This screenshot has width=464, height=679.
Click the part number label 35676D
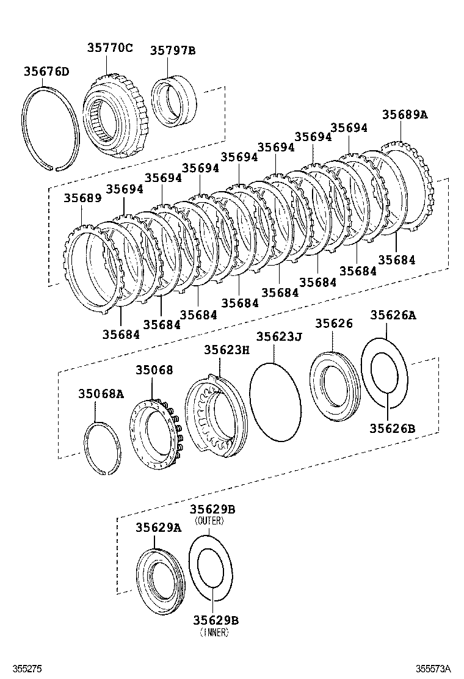click(x=46, y=71)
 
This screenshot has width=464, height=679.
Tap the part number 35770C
click(x=109, y=48)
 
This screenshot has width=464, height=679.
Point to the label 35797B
click(x=173, y=51)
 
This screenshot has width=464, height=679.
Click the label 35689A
click(x=405, y=114)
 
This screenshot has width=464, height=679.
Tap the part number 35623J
click(x=278, y=336)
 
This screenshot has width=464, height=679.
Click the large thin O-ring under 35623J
click(x=276, y=401)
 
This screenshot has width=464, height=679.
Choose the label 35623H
click(x=227, y=349)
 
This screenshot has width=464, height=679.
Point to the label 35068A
click(x=101, y=394)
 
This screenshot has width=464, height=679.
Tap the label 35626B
click(x=392, y=428)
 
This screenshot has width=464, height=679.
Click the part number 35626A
click(x=393, y=315)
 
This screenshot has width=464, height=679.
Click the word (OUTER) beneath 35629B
click(x=209, y=521)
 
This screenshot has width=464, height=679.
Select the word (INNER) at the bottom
click(x=214, y=633)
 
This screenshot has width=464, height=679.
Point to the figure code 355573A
click(x=438, y=669)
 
